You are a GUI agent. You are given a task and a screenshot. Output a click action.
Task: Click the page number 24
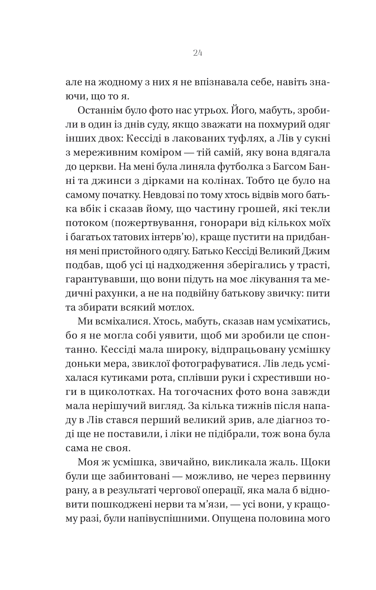(197, 53)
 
